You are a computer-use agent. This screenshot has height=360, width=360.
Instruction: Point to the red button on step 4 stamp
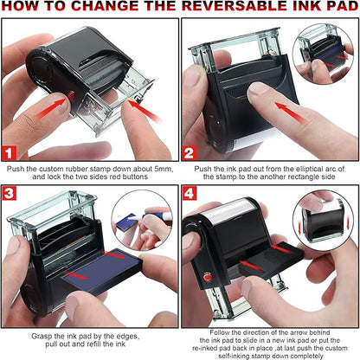coord(208,277)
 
